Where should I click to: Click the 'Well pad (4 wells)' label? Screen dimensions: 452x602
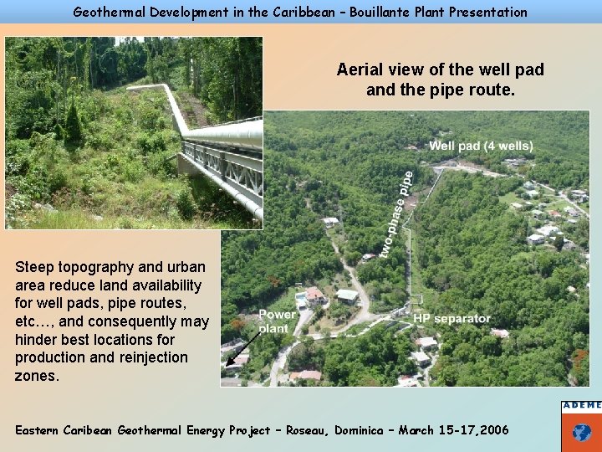[480, 146]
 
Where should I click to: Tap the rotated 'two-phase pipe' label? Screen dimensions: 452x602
[397, 213]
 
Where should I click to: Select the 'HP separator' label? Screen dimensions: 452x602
[451, 319]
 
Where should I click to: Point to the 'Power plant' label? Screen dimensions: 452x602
[276, 321]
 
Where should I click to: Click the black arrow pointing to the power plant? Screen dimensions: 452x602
[236, 354]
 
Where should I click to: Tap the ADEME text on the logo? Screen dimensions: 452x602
[582, 405]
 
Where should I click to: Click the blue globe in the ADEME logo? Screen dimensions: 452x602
[582, 432]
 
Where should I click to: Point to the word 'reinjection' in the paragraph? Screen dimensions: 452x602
[147, 357]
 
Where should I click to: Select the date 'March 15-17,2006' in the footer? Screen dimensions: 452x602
[453, 429]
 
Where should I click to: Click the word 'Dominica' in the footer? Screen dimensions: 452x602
[361, 429]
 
